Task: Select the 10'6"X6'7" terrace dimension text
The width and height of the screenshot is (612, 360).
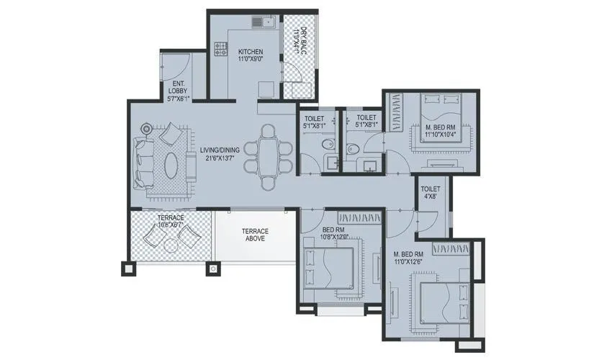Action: (x=171, y=226)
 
